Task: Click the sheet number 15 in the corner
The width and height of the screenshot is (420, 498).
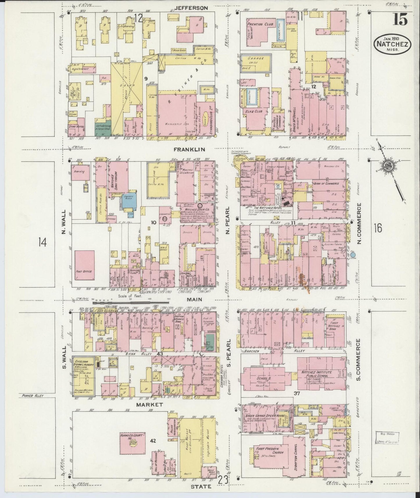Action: point(401,20)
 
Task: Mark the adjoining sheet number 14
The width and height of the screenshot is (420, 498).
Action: point(43,242)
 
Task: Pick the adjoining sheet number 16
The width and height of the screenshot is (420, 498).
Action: point(378,228)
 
